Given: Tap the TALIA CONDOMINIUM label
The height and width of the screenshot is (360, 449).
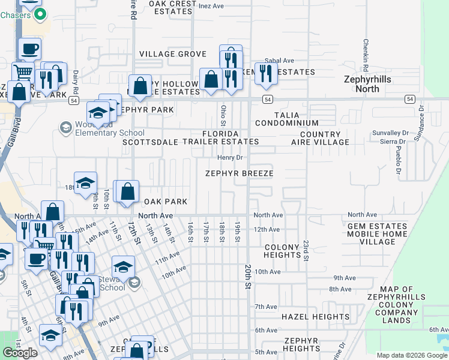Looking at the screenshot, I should coord(286,118).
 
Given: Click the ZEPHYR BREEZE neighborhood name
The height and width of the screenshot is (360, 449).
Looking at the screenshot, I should coord(239,173).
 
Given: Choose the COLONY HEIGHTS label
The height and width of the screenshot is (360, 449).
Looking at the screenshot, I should coord(282,251).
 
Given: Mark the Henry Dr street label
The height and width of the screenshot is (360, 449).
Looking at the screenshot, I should coord(229,158).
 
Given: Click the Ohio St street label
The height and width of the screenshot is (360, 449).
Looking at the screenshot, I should coord(223,112).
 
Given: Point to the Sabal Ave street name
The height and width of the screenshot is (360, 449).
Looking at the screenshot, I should coord(280,61).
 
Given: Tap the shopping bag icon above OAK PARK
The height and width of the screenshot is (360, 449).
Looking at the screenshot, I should coord(128,192).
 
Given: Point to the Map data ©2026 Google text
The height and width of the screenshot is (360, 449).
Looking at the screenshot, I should coord(411,355).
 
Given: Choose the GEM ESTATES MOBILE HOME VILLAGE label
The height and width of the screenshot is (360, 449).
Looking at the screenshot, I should coord(376,233).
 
